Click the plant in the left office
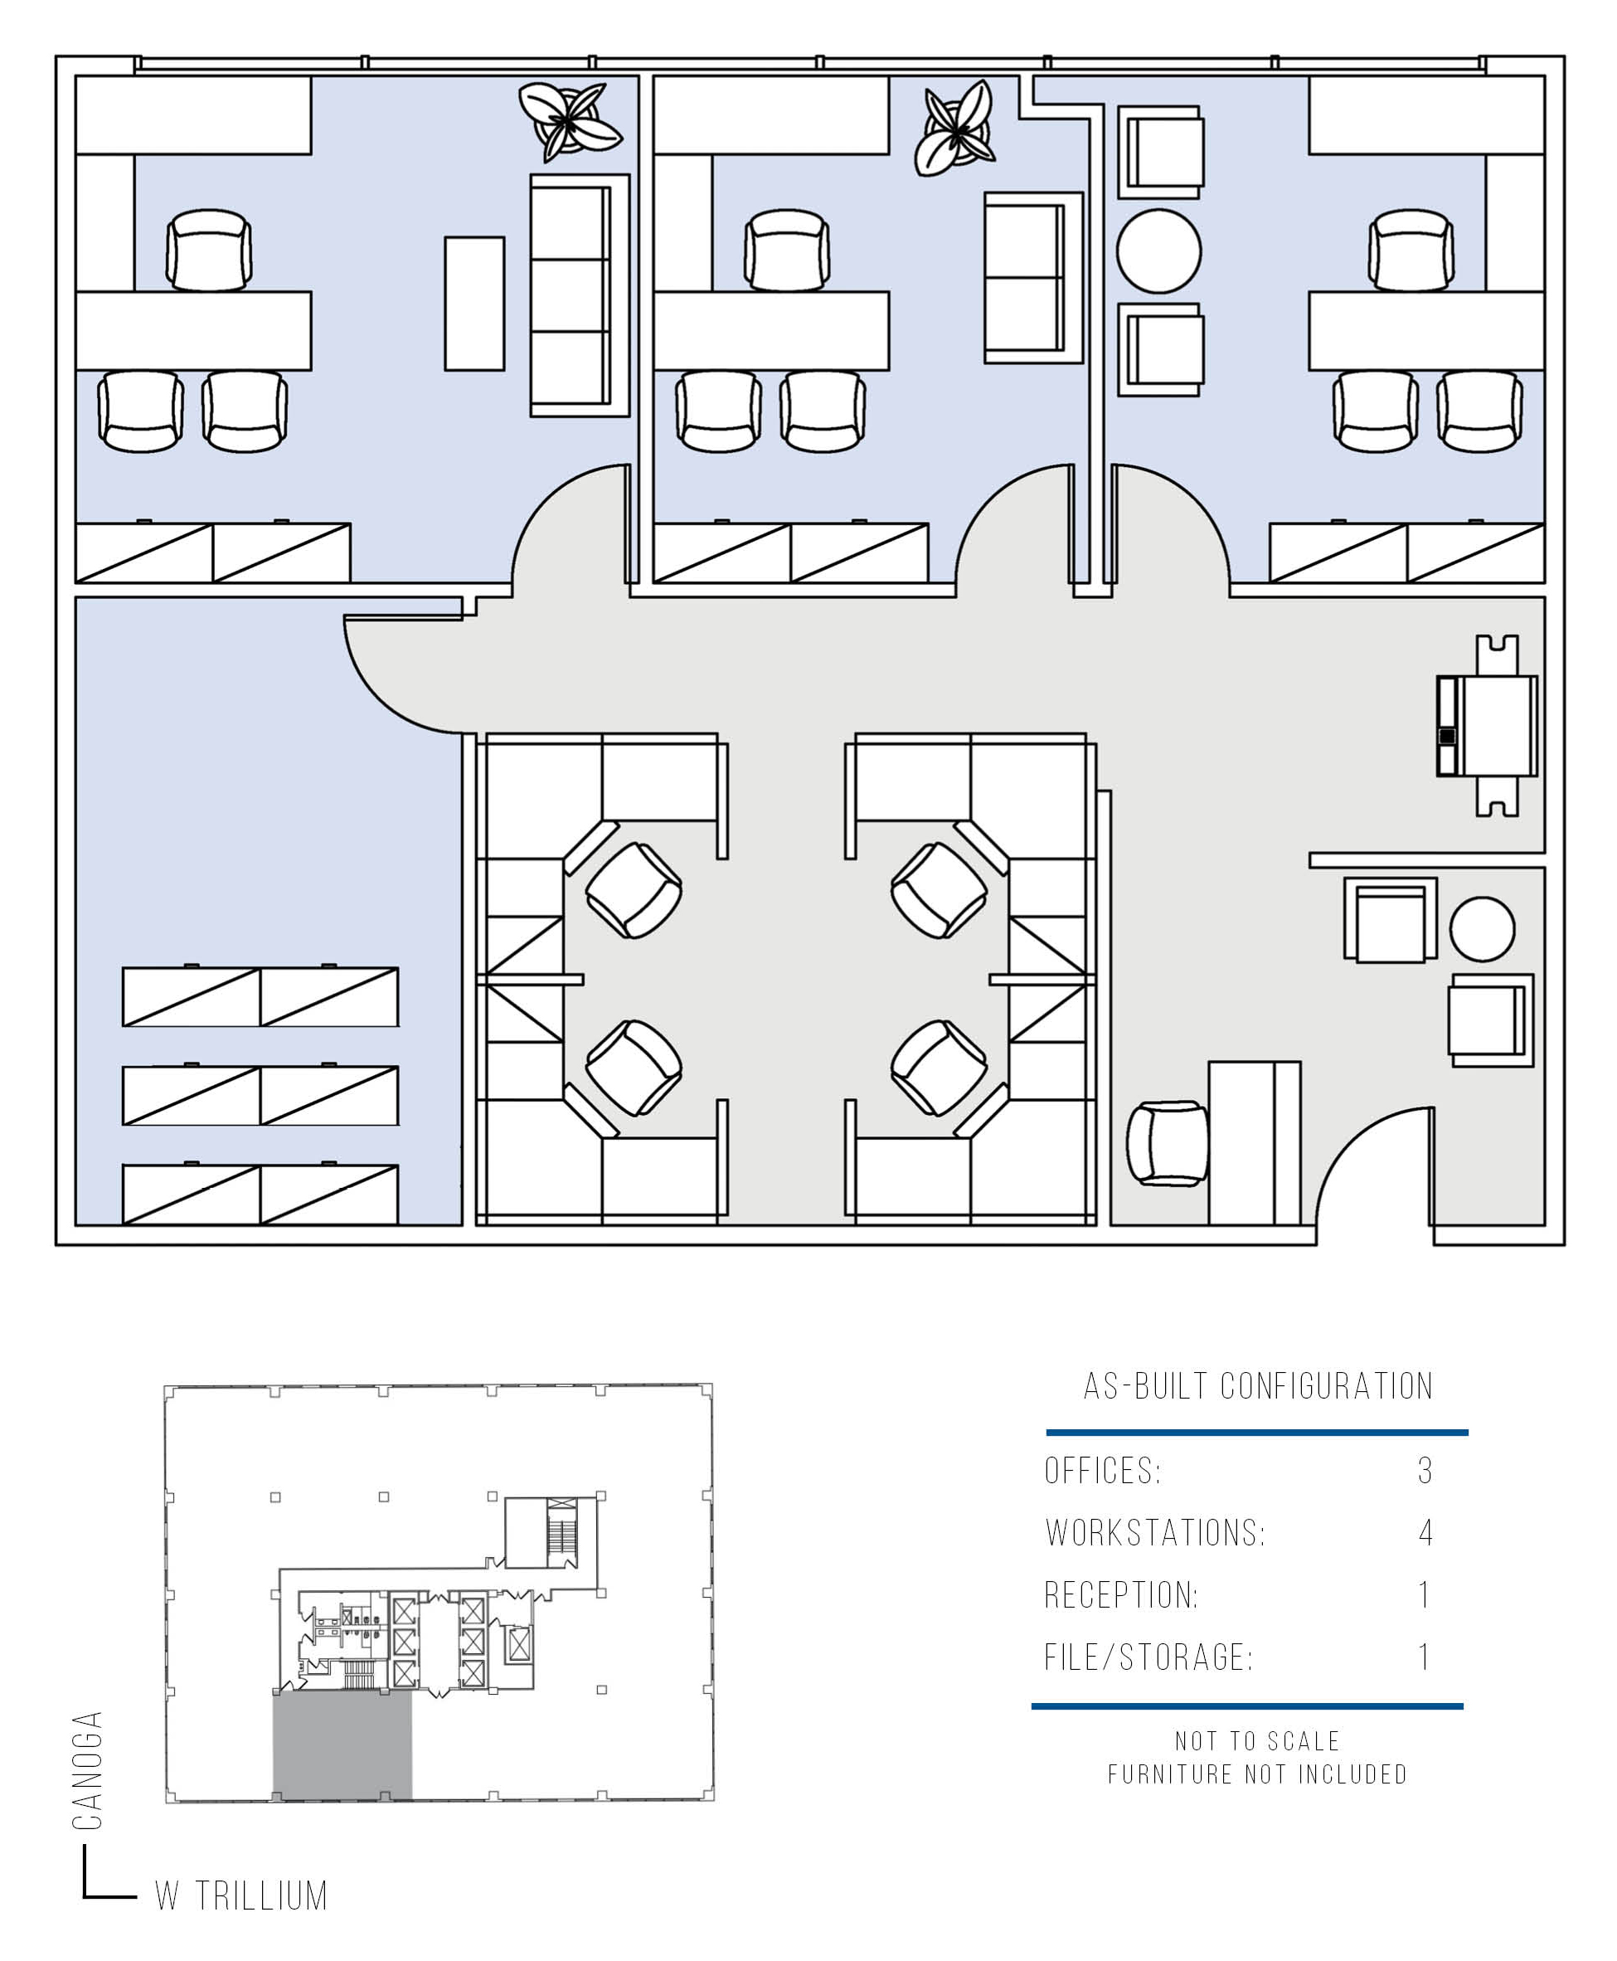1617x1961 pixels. [x=569, y=122]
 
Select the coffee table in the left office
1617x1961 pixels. [x=474, y=304]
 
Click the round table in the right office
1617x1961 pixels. [x=1158, y=251]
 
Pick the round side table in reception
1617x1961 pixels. [x=1482, y=929]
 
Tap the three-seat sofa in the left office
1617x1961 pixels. [x=580, y=295]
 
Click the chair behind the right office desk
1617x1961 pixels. [x=1411, y=250]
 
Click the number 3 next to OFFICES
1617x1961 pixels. [x=1424, y=1471]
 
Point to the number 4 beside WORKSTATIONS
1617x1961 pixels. [x=1425, y=1532]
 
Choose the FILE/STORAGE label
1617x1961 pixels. [x=1149, y=1657]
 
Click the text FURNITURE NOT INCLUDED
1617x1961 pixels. [x=1257, y=1774]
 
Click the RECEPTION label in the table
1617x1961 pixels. [x=1121, y=1595]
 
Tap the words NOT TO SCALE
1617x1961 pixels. [x=1257, y=1741]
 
